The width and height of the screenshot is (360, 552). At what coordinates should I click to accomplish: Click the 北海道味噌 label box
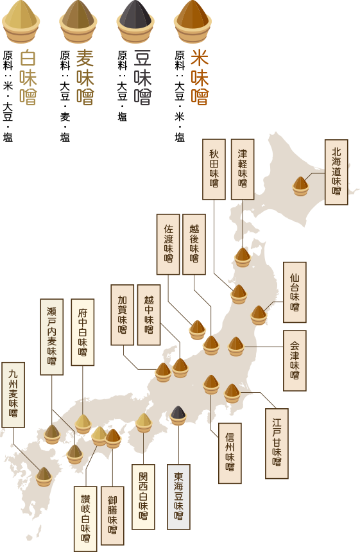[336, 172]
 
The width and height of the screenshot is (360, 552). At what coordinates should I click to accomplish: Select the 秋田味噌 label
[214, 169]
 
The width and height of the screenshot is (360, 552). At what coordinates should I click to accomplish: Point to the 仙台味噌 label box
[295, 292]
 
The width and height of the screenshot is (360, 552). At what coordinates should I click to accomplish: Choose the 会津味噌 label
[295, 361]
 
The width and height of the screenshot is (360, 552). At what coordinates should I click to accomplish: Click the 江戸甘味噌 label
[277, 444]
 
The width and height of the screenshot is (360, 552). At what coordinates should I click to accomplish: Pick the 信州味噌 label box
[230, 453]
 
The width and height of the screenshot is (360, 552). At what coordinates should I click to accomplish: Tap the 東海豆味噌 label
[178, 497]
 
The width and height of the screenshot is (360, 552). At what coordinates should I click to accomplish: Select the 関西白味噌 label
[143, 497]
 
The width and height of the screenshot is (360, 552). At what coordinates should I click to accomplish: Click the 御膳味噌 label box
[112, 515]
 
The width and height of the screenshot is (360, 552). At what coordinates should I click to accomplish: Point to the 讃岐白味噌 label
[85, 519]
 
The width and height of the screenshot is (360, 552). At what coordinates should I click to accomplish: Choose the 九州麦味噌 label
[13, 395]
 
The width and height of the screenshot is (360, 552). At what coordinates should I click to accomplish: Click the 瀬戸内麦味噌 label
[51, 336]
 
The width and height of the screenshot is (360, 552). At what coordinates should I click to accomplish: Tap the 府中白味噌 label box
[82, 332]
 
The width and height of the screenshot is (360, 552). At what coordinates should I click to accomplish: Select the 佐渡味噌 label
[168, 245]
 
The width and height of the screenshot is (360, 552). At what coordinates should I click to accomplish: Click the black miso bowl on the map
[178, 415]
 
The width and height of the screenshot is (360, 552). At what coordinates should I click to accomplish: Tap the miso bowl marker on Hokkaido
[300, 186]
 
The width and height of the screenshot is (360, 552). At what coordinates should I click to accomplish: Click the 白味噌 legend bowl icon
[21, 22]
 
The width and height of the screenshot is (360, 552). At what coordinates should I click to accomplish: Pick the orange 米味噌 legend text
[200, 78]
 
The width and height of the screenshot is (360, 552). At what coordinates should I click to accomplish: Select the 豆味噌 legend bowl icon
[135, 22]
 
